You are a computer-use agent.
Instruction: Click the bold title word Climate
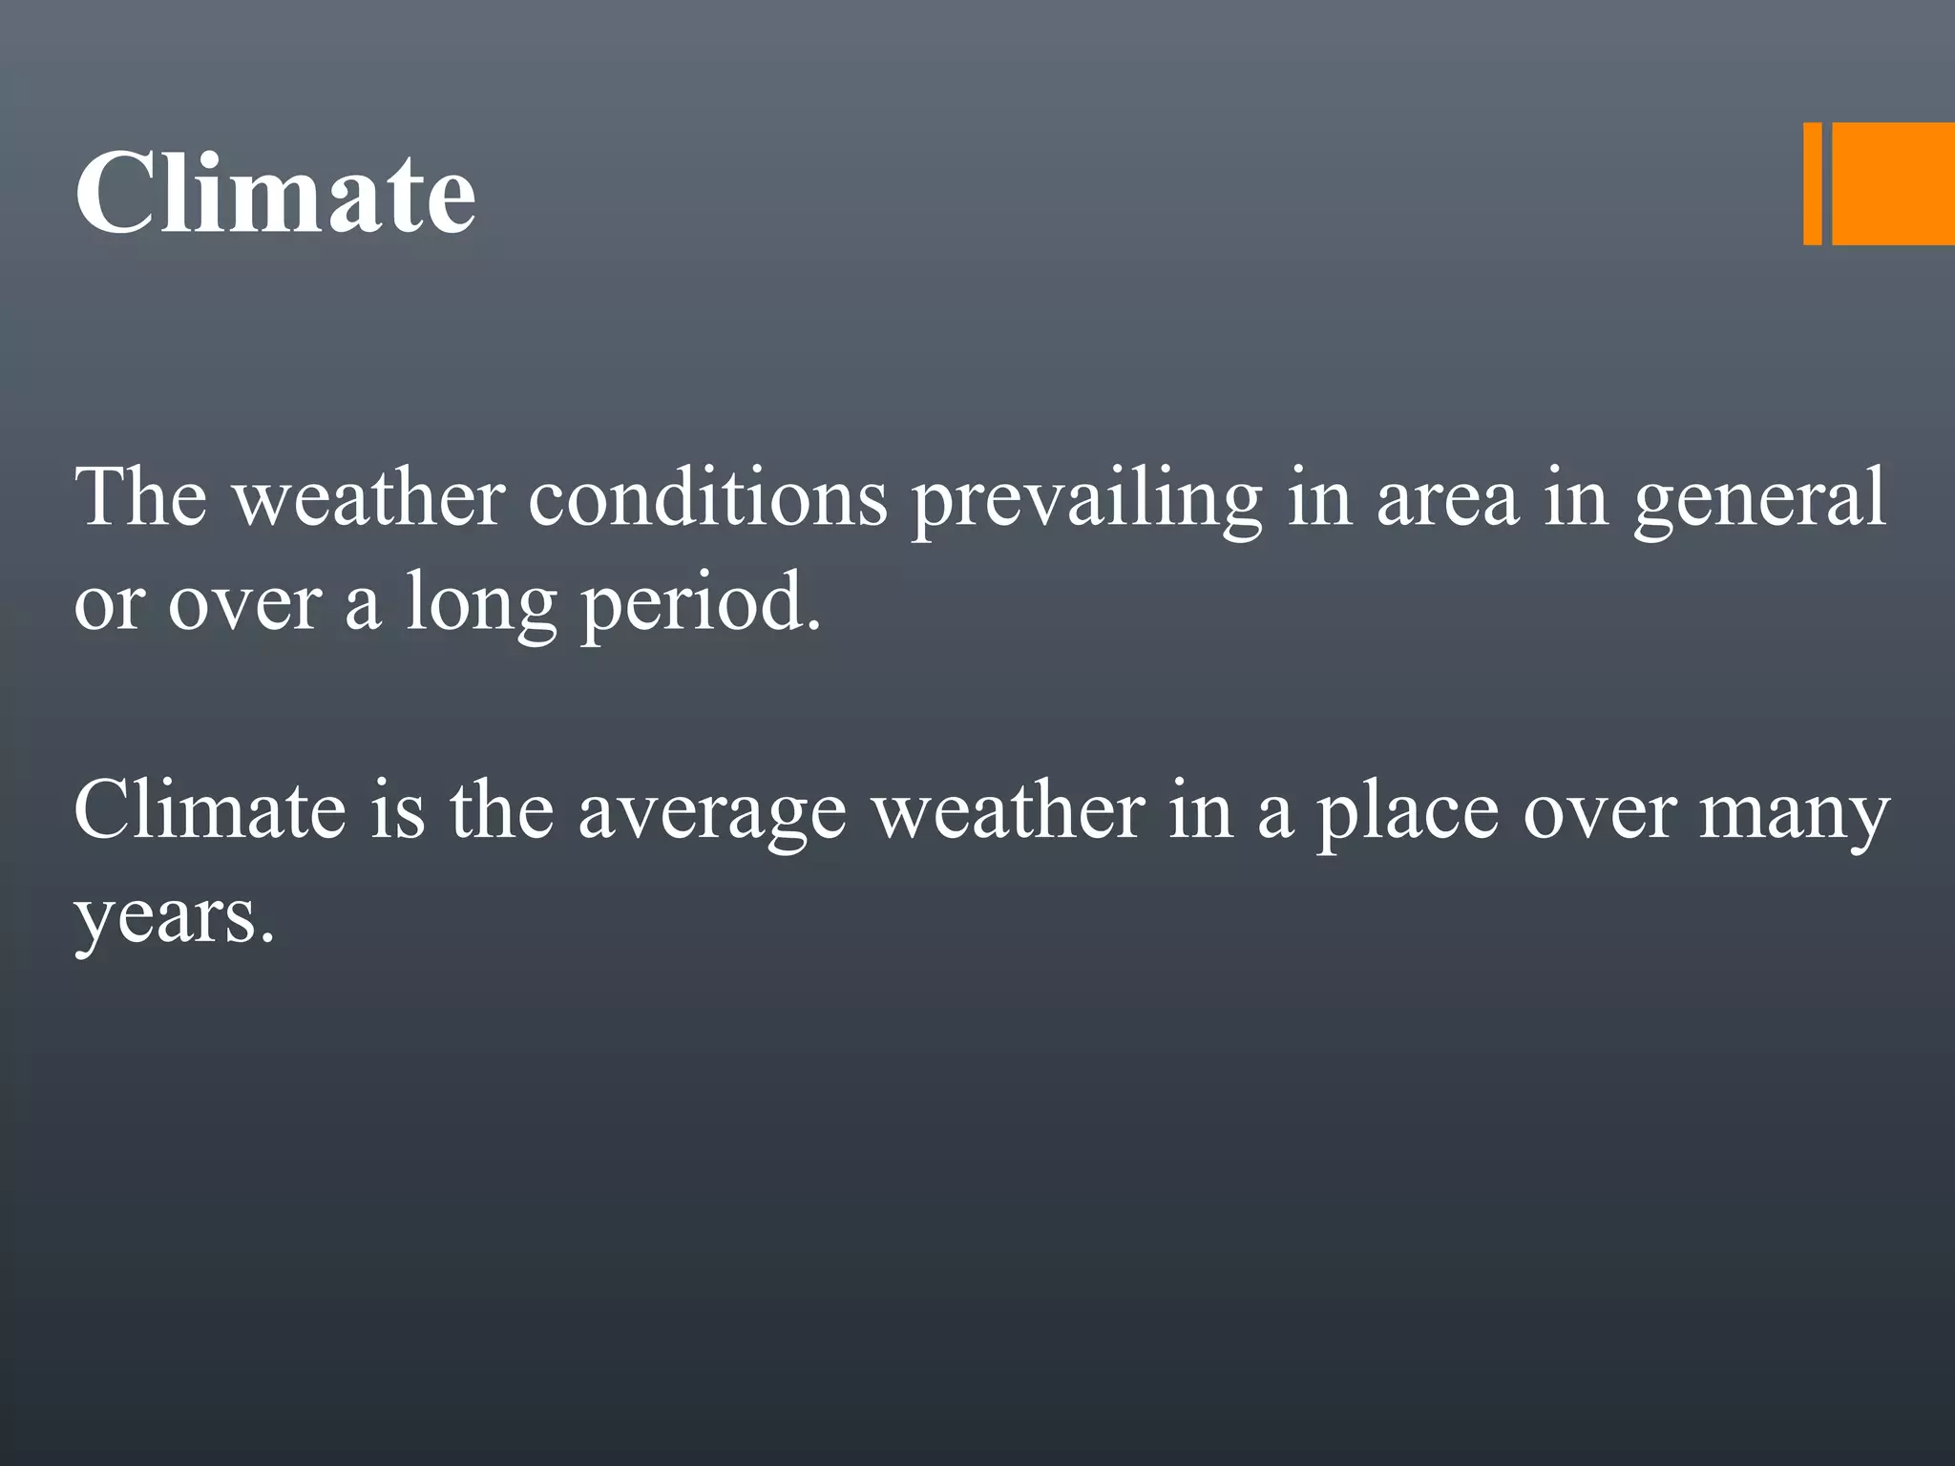coord(275,195)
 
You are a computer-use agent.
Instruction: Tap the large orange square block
coord(1893,184)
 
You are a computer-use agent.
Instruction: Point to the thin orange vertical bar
coord(1812,184)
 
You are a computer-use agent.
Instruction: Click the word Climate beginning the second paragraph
coord(210,811)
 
